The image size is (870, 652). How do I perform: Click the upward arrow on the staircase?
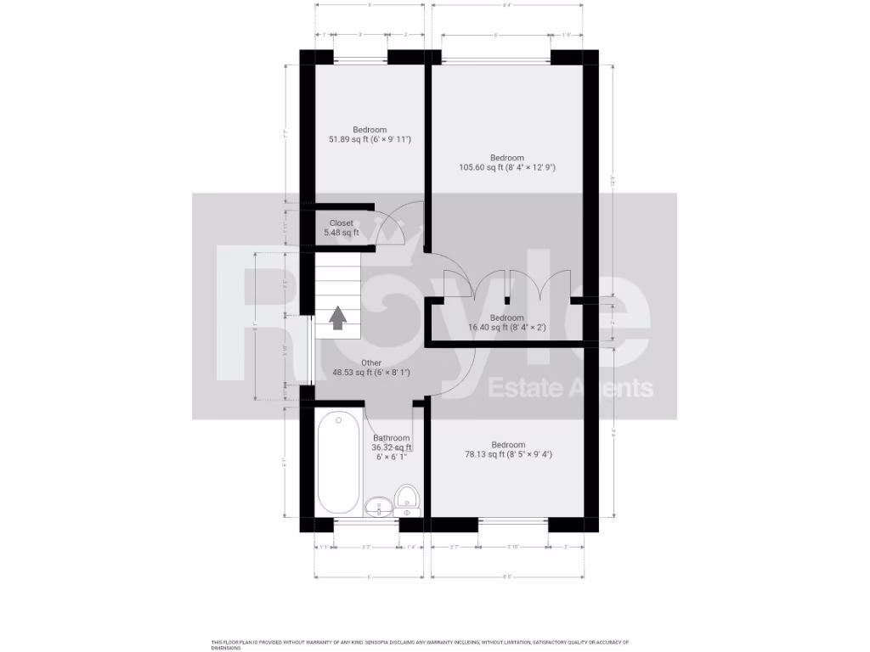pyautogui.click(x=337, y=318)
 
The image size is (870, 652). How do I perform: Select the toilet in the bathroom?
pyautogui.click(x=408, y=502)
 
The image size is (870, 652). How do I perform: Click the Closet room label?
pyautogui.click(x=341, y=223)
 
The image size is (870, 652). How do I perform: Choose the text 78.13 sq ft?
pyautogui.click(x=481, y=454)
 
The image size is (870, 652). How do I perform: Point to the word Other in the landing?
pyautogui.click(x=347, y=363)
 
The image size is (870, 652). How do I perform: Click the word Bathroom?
pyautogui.click(x=391, y=438)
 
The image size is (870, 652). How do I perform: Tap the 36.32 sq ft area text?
pyautogui.click(x=391, y=447)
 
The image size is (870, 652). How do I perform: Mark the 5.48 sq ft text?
pyautogui.click(x=343, y=233)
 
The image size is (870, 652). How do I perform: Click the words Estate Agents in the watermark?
pyautogui.click(x=571, y=389)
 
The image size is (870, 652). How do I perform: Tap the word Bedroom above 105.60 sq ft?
pyautogui.click(x=506, y=158)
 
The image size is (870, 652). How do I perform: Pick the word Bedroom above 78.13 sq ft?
pyautogui.click(x=507, y=445)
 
